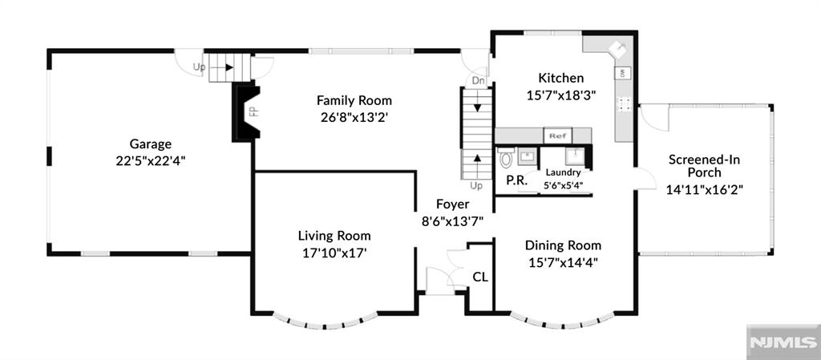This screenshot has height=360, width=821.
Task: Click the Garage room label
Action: (151, 144)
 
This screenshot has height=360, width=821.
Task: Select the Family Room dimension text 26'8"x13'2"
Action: (354, 116)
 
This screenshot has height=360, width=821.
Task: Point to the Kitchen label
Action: (560, 79)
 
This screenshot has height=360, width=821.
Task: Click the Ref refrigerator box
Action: (556, 136)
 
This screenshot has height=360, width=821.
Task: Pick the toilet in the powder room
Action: (506, 157)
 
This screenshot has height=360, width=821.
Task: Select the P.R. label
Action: (516, 180)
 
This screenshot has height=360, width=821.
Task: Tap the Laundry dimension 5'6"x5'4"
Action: (564, 185)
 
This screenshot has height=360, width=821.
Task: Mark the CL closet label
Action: (480, 277)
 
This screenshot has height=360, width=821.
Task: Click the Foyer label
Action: (452, 204)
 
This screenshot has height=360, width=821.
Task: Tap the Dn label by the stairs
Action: (478, 80)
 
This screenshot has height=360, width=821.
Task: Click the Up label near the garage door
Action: (199, 67)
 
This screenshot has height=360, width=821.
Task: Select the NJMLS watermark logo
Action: (783, 342)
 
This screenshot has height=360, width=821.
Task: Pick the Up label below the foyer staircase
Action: (476, 186)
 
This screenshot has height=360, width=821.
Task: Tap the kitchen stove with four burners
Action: (623, 103)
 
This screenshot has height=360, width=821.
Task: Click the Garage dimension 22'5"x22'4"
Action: (151, 160)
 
